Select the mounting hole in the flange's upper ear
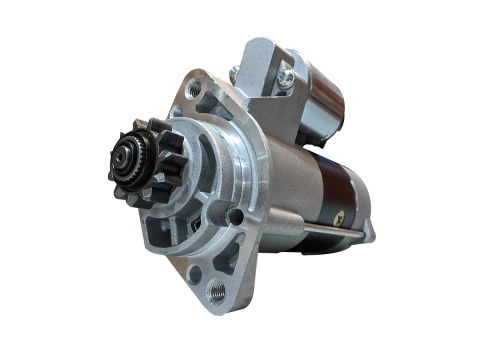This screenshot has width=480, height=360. coord(194,88)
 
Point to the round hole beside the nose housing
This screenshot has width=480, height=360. coord(236,216)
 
